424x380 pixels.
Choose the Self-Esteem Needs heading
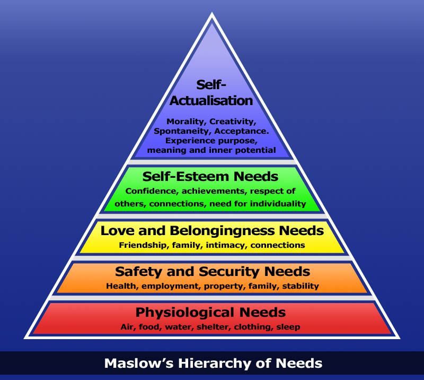210,176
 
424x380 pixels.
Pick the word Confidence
147,191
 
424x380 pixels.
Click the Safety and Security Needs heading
212,272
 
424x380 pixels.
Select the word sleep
288,327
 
